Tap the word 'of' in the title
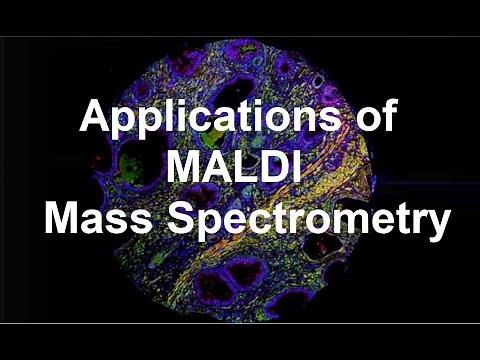click(x=371, y=119)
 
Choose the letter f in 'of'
click(x=387, y=118)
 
